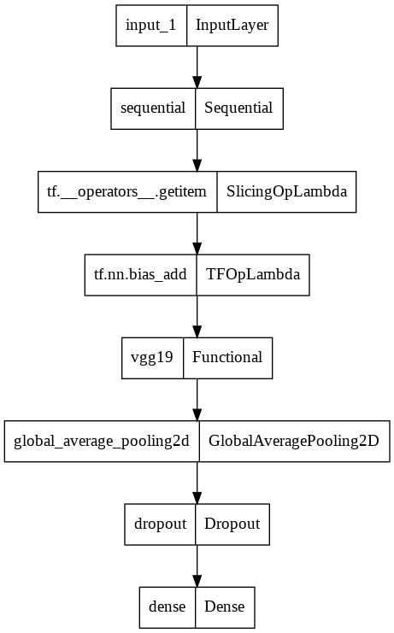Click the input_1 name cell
(x=151, y=26)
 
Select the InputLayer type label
(x=232, y=26)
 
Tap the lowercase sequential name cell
(x=154, y=108)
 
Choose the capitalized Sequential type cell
(x=239, y=108)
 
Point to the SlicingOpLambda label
(x=286, y=191)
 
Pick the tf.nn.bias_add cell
(x=140, y=274)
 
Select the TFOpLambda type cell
(x=252, y=274)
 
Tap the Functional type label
(x=227, y=357)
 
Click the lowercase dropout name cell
(x=160, y=523)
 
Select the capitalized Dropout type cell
(x=232, y=523)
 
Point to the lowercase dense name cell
(x=168, y=606)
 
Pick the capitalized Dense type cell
(x=225, y=606)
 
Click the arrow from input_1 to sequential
(x=197, y=67)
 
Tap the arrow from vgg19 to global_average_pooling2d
(x=197, y=398)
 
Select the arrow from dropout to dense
(x=197, y=564)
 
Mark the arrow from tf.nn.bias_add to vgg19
(x=197, y=315)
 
